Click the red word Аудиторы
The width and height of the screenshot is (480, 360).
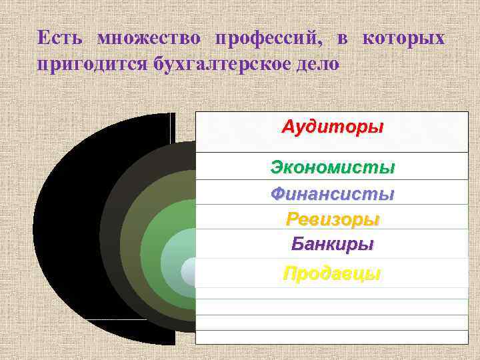pos(332,127)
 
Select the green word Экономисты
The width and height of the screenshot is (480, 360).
pos(332,167)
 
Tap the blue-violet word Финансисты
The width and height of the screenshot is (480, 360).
pos(332,194)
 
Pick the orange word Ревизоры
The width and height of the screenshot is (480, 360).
pos(332,219)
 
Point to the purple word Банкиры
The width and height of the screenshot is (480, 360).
pos(332,243)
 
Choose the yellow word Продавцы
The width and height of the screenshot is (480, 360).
pos(332,273)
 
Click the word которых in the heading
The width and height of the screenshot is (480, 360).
pos(403,38)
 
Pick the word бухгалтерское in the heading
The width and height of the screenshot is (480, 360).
pos(224,65)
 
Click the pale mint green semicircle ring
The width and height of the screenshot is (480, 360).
pos(172,253)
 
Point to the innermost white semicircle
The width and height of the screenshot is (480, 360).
pos(189,272)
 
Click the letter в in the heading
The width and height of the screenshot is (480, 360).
pos(341,38)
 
